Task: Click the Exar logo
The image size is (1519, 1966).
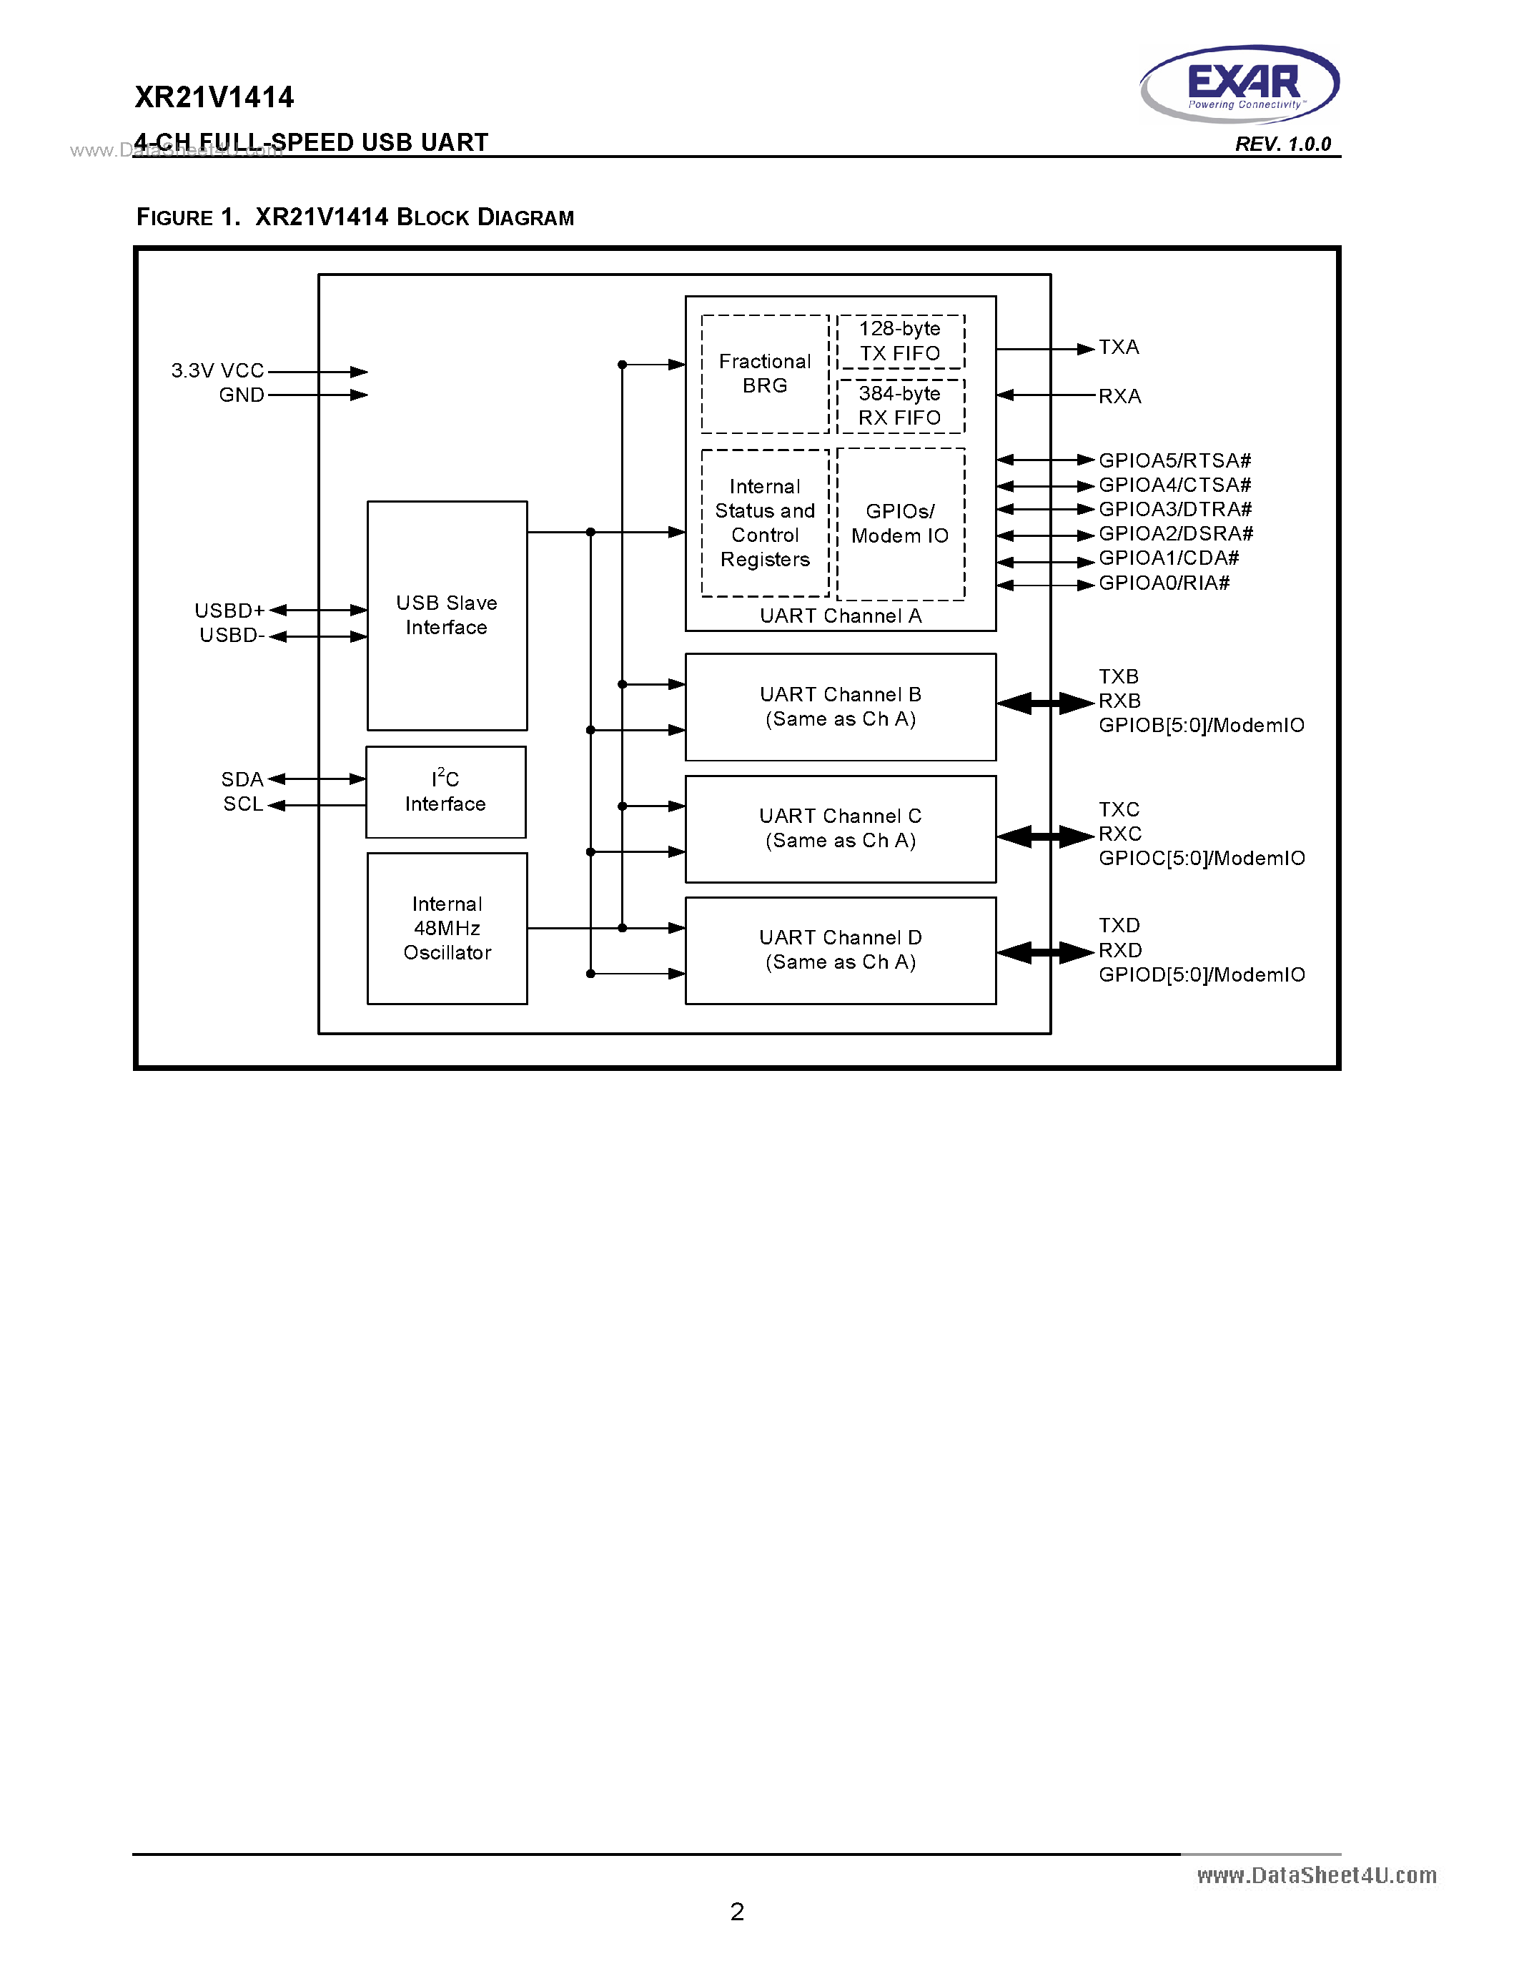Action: click(x=1240, y=84)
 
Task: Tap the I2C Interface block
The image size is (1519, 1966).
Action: click(x=445, y=792)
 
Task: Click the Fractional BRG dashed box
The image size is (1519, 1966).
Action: click(x=764, y=374)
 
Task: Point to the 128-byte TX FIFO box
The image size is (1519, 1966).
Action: click(x=900, y=341)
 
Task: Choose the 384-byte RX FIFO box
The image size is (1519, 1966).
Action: click(x=900, y=406)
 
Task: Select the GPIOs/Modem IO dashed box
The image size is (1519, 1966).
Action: click(x=900, y=524)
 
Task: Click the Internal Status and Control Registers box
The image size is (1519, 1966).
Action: click(x=764, y=523)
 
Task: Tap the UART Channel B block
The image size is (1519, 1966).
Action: click(x=840, y=706)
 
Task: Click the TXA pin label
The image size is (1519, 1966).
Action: click(x=1119, y=347)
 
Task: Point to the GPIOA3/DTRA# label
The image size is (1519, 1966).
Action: click(x=1174, y=510)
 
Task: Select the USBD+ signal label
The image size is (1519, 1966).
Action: click(x=229, y=611)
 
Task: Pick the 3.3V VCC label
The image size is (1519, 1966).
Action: click(x=218, y=371)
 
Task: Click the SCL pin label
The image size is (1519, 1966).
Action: click(x=243, y=804)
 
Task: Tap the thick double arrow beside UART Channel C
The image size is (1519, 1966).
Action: click(x=1045, y=836)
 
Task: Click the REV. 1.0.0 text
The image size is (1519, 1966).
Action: click(x=1282, y=144)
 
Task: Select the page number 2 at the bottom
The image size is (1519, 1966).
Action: click(x=737, y=1911)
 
